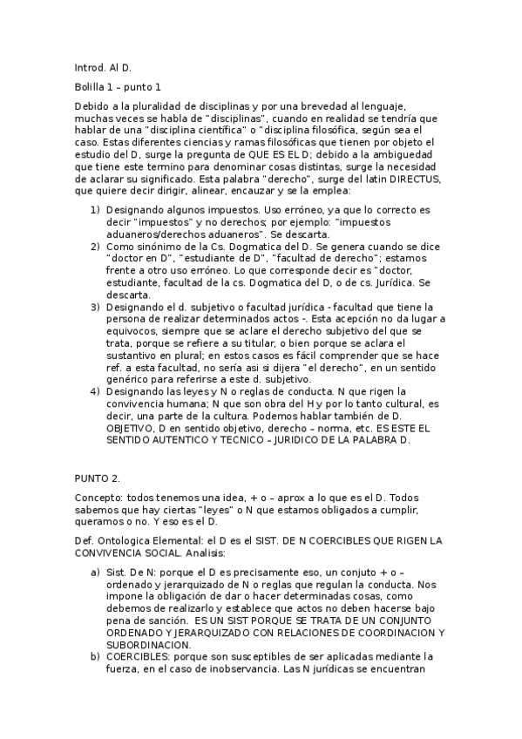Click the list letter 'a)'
tap(95, 572)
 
